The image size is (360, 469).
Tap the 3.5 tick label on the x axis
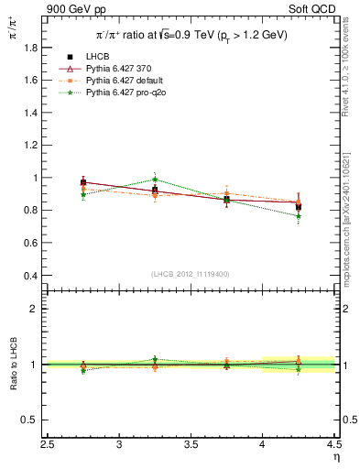point(191,445)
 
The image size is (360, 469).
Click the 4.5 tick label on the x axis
point(333,445)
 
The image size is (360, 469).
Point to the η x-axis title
point(335,457)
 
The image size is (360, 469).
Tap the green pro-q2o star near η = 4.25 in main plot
point(298,216)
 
